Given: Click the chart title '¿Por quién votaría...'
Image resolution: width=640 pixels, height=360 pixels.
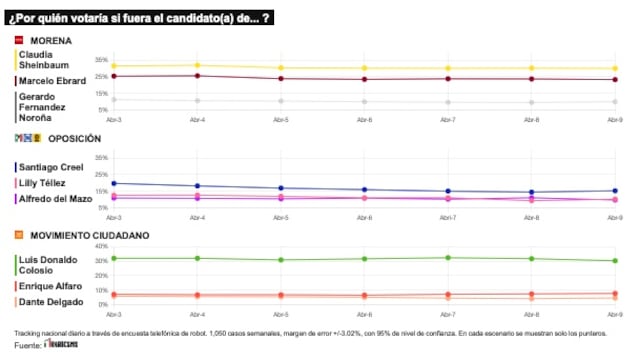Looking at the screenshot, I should point(141,18).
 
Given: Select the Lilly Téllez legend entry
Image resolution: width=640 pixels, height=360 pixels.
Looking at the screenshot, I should point(44,183).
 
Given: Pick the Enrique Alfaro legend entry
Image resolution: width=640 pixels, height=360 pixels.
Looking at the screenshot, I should point(50,287).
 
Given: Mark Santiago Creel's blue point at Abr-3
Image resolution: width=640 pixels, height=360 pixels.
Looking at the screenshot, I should point(114,183).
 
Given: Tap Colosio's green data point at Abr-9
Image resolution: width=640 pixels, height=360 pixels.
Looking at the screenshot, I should point(615,261).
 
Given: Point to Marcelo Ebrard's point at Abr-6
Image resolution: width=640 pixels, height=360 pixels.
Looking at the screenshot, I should point(364,79).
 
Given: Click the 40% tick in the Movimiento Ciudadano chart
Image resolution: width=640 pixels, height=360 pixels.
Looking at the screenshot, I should point(101,246).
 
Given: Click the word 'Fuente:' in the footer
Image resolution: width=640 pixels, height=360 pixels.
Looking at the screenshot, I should point(28,345).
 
